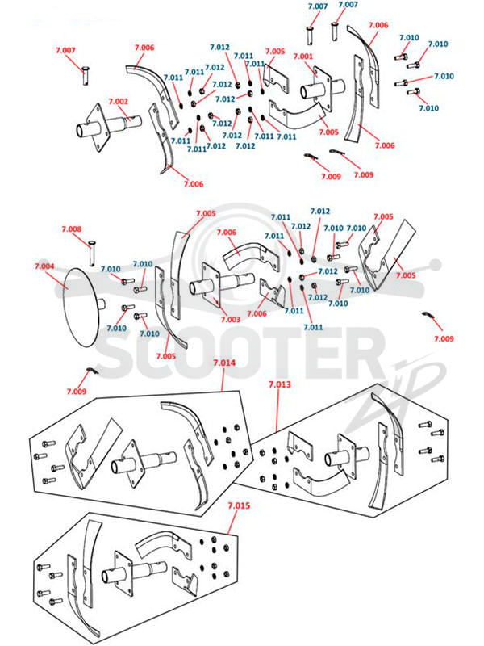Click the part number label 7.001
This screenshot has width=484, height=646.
pyautogui.click(x=303, y=57)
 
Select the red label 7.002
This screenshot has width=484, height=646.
pyautogui.click(x=118, y=102)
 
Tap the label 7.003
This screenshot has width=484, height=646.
pyautogui.click(x=231, y=319)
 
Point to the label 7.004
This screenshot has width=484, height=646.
pyautogui.click(x=44, y=266)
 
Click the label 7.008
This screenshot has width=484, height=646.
pyautogui.click(x=72, y=229)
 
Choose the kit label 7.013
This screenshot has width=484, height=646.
pyautogui.click(x=280, y=384)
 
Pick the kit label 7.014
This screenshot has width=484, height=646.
pyautogui.click(x=224, y=363)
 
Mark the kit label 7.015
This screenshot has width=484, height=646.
pyautogui.click(x=239, y=505)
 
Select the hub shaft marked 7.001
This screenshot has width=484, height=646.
pyautogui.click(x=322, y=89)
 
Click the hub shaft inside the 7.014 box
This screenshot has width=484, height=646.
pyautogui.click(x=142, y=464)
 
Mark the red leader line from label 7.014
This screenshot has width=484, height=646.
pyautogui.click(x=223, y=379)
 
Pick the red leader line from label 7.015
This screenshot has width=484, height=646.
pyautogui.click(x=232, y=522)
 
